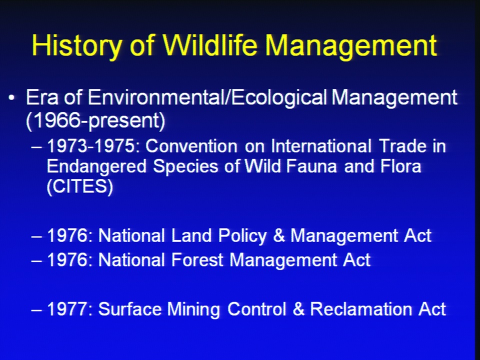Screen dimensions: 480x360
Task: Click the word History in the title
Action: tap(76, 45)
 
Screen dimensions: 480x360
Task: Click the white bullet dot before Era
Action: tap(11, 98)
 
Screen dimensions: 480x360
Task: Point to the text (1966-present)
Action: tap(95, 120)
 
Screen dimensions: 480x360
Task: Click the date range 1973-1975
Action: tap(90, 146)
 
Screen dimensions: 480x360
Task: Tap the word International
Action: tap(321, 146)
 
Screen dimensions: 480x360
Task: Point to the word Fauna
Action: tap(311, 166)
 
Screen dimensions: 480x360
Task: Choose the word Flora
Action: tap(401, 166)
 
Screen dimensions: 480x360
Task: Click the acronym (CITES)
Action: tap(80, 186)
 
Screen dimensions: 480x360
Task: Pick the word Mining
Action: tap(194, 309)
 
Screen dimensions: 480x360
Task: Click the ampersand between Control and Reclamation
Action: tap(299, 309)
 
